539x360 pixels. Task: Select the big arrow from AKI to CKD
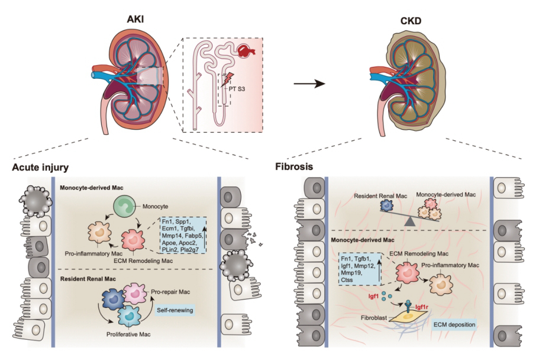point(311,83)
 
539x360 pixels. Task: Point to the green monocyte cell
point(125,208)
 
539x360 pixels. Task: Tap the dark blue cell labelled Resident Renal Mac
point(387,205)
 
